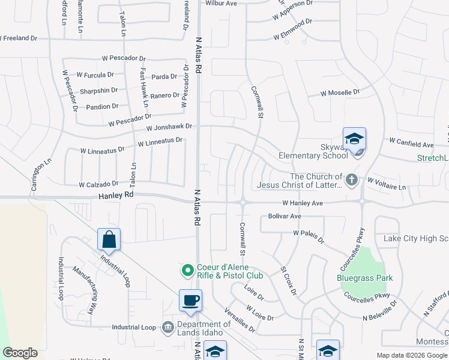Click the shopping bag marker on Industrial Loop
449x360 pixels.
click(x=109, y=239)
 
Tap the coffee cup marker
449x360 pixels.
click(x=190, y=301)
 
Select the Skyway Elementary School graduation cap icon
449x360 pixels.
click(x=354, y=139)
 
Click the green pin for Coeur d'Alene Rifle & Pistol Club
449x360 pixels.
click(x=187, y=271)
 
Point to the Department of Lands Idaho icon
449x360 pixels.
click(x=167, y=327)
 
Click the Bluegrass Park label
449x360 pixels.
click(x=365, y=278)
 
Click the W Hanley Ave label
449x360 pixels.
click(x=303, y=203)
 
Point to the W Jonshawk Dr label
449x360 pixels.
click(x=170, y=127)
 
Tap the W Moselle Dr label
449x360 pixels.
click(x=340, y=93)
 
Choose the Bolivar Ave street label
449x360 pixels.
click(x=285, y=215)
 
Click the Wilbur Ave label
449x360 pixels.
click(x=221, y=3)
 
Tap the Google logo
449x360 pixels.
click(x=20, y=353)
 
